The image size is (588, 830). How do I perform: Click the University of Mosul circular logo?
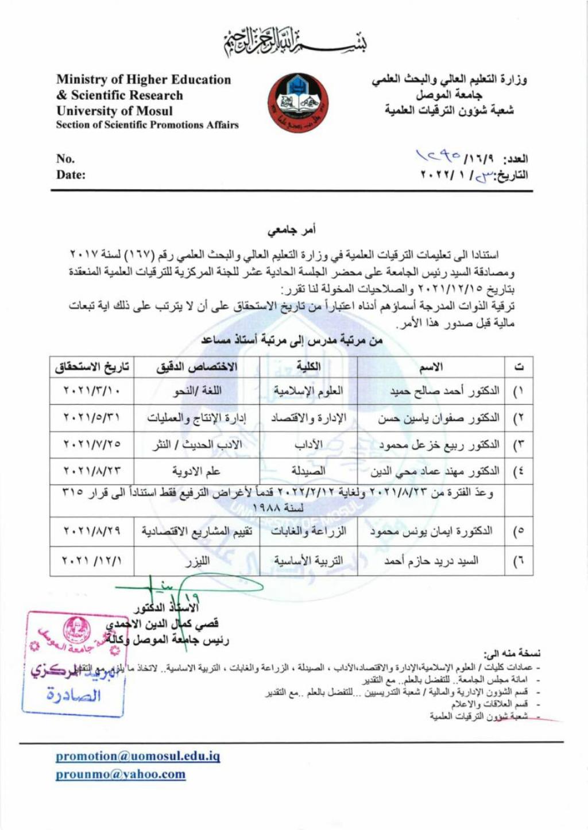pos(297,102)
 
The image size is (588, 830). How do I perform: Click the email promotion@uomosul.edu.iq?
pos(138,756)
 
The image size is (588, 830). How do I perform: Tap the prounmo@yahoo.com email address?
pos(121,774)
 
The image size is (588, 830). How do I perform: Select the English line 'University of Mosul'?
pos(114,111)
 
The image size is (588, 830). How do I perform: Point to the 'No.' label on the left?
pos(65,158)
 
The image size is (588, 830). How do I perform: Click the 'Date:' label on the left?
pos(71,174)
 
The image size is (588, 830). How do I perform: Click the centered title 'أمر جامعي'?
pos(292,230)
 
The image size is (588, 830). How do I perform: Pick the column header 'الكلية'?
pos(308,367)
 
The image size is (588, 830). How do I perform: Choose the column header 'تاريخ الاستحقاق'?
pos(92,367)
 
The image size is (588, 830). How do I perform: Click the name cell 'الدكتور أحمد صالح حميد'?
pos(444,391)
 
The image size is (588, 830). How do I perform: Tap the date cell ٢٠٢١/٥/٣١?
pos(92,418)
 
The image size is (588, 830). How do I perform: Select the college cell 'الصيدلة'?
pos(308,471)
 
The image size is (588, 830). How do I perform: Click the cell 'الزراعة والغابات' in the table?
pos(308,532)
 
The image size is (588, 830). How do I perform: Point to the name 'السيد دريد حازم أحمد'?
pos(431,561)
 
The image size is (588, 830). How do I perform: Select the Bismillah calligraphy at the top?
pos(295,42)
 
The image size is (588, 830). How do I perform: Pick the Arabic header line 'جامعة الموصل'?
pos(449,95)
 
